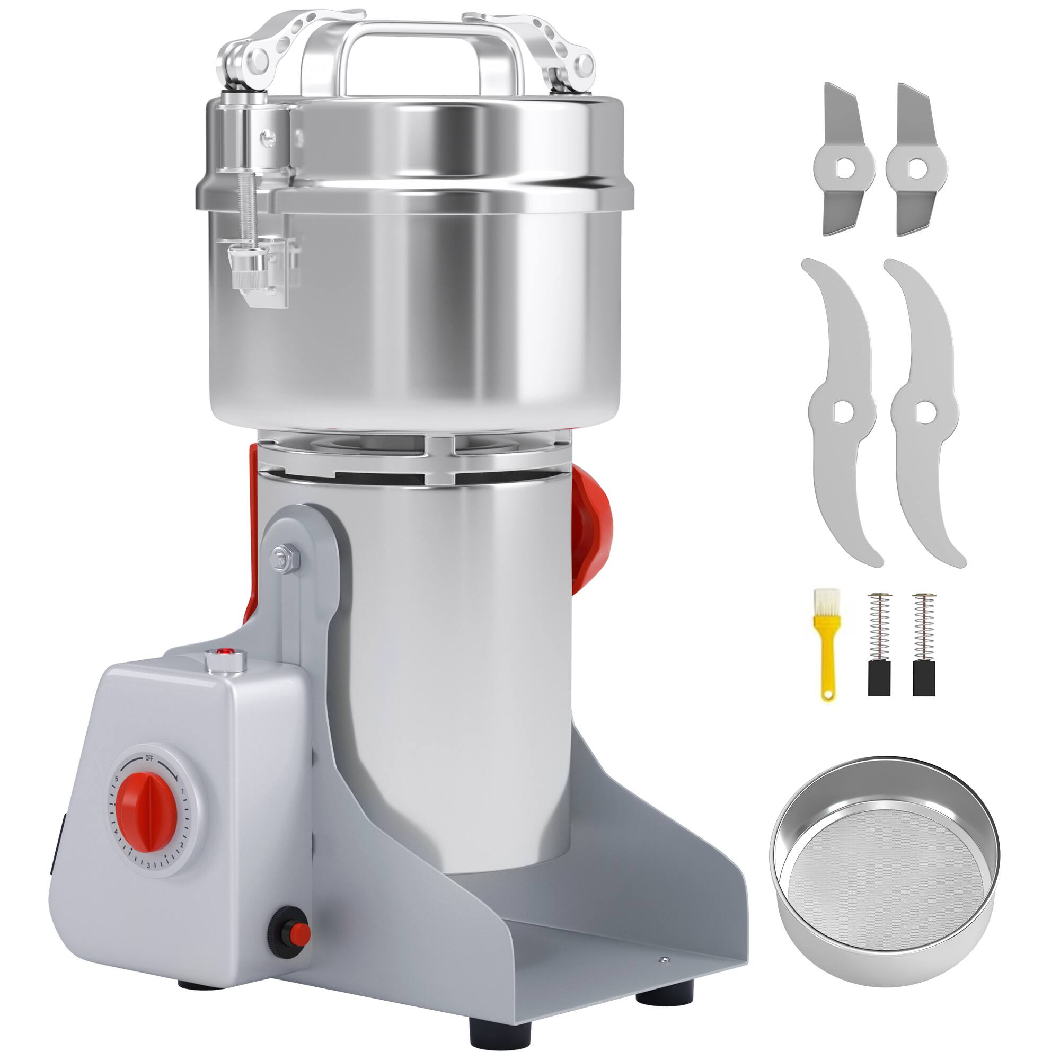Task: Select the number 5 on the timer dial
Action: coord(116,779)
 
